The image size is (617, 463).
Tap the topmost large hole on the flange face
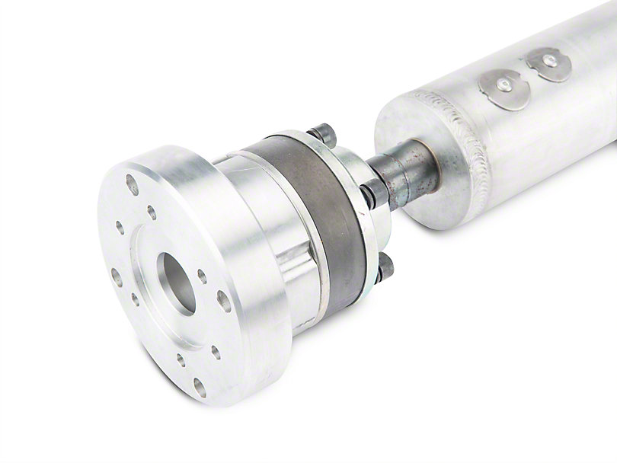[x=133, y=184]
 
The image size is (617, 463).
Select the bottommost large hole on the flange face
[x=199, y=387]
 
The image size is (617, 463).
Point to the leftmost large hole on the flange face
[x=117, y=276]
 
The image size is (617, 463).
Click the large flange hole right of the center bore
[x=224, y=301]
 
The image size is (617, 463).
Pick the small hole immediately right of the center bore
[x=202, y=276]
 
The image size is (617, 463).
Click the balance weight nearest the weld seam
[x=504, y=89]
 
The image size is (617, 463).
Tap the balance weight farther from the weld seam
[x=548, y=64]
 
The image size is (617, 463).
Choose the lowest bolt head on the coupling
[x=385, y=267]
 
